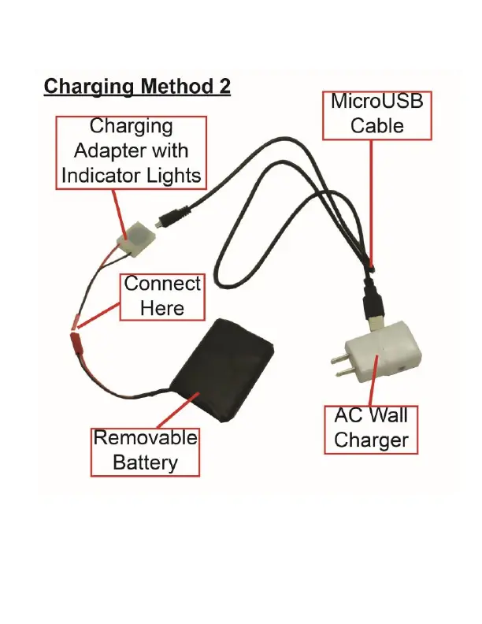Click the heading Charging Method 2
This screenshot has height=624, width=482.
[137, 86]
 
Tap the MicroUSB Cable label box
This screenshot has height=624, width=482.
[377, 113]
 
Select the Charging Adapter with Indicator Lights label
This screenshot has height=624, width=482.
[132, 151]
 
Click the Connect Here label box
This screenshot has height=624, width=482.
[162, 295]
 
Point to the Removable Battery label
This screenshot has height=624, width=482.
[145, 450]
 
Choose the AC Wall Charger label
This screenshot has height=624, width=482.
[370, 428]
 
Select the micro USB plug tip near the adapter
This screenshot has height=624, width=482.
[161, 224]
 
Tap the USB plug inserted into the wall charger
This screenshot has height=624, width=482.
[373, 310]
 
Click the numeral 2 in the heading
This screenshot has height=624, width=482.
[224, 86]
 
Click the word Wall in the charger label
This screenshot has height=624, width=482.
[388, 416]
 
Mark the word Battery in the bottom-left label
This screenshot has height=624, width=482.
[145, 462]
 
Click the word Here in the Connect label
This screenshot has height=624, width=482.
[162, 307]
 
